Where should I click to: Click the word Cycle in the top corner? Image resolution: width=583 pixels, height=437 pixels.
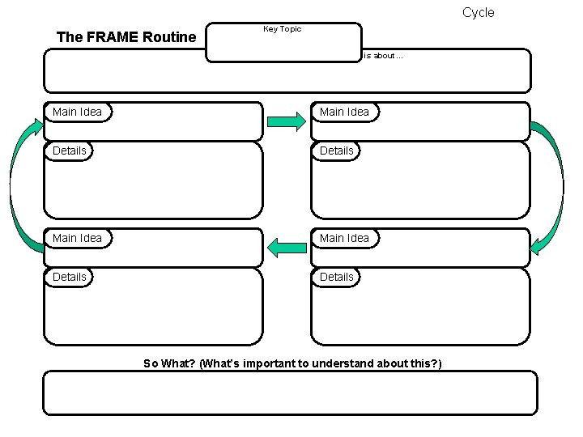coord(478,12)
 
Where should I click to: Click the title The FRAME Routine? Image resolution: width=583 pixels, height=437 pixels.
coord(126,37)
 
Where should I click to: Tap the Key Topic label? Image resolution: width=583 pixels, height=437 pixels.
coord(282,29)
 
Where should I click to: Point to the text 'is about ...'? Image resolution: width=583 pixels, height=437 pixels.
coord(383,56)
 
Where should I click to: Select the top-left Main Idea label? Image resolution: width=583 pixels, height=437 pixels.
coord(78,112)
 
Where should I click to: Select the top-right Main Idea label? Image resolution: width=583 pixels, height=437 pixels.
coord(344,112)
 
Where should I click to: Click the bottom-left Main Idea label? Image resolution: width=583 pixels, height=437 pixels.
coord(78,238)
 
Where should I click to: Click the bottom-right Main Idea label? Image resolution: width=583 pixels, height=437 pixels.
coord(344,238)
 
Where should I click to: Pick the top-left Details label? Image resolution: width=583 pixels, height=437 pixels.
coord(70,151)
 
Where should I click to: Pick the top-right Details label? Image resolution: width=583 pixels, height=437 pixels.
coord(337,151)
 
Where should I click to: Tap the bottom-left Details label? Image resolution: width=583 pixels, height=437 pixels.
coord(70,277)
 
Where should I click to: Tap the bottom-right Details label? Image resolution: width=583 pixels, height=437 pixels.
coord(337,277)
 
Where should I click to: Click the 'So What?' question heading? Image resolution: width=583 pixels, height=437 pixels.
coord(292,363)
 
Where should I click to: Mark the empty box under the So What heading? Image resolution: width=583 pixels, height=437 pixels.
coord(289,393)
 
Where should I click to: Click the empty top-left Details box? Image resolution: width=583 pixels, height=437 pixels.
coord(153,186)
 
